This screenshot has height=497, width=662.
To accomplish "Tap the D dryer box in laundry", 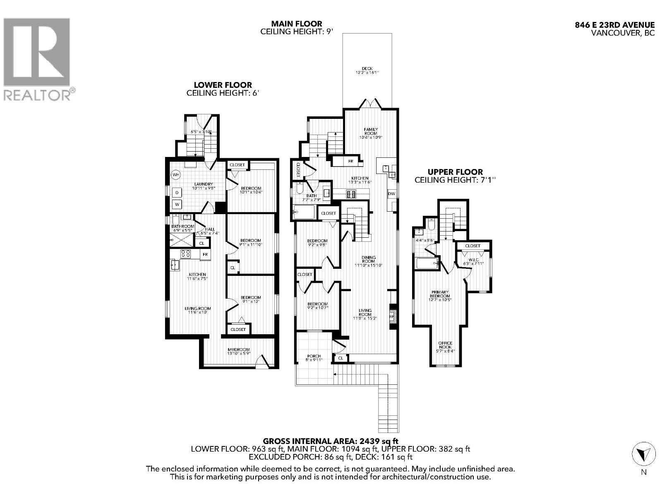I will click(177, 193).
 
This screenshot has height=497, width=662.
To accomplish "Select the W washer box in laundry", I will click(177, 204).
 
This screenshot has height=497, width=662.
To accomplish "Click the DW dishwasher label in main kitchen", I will click(391, 194).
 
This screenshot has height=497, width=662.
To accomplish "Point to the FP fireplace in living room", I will click(392, 316).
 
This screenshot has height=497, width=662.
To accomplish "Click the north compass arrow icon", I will click(644, 455).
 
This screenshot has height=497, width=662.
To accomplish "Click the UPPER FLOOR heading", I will click(455, 172).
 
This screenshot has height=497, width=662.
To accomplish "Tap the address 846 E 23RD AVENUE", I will click(614, 25).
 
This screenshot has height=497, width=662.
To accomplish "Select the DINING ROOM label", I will click(368, 259).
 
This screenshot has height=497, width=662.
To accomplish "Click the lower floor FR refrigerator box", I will click(205, 255).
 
